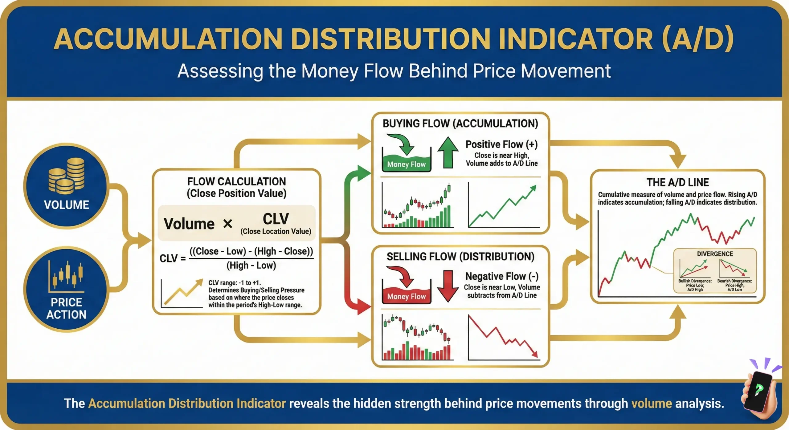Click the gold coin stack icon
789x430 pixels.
66,175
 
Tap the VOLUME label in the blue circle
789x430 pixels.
66,205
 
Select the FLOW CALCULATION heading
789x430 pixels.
236,181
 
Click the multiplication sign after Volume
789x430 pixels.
227,224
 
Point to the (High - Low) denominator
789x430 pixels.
251,265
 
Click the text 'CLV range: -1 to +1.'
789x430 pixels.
235,283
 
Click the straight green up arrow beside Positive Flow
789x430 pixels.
448,152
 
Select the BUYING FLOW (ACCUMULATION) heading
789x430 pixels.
460,124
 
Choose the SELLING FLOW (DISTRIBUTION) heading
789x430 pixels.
460,257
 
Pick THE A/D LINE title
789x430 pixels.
677,182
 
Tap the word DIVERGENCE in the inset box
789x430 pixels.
715,254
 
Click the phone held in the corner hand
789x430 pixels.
758,391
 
